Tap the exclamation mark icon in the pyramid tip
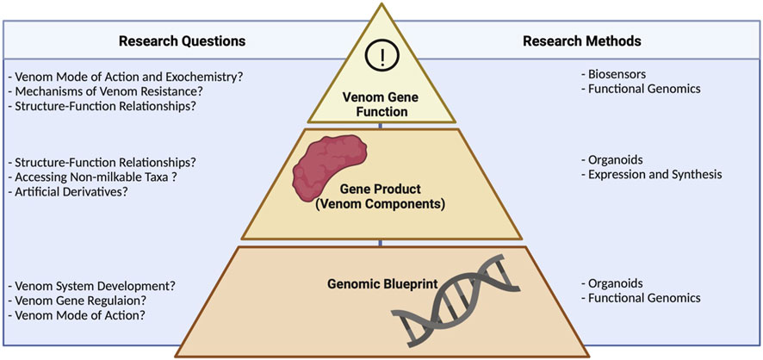tap(380, 59)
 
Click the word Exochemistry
tap(203, 77)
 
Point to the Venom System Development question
tap(85, 286)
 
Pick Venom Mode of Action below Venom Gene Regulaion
tap(75, 315)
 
